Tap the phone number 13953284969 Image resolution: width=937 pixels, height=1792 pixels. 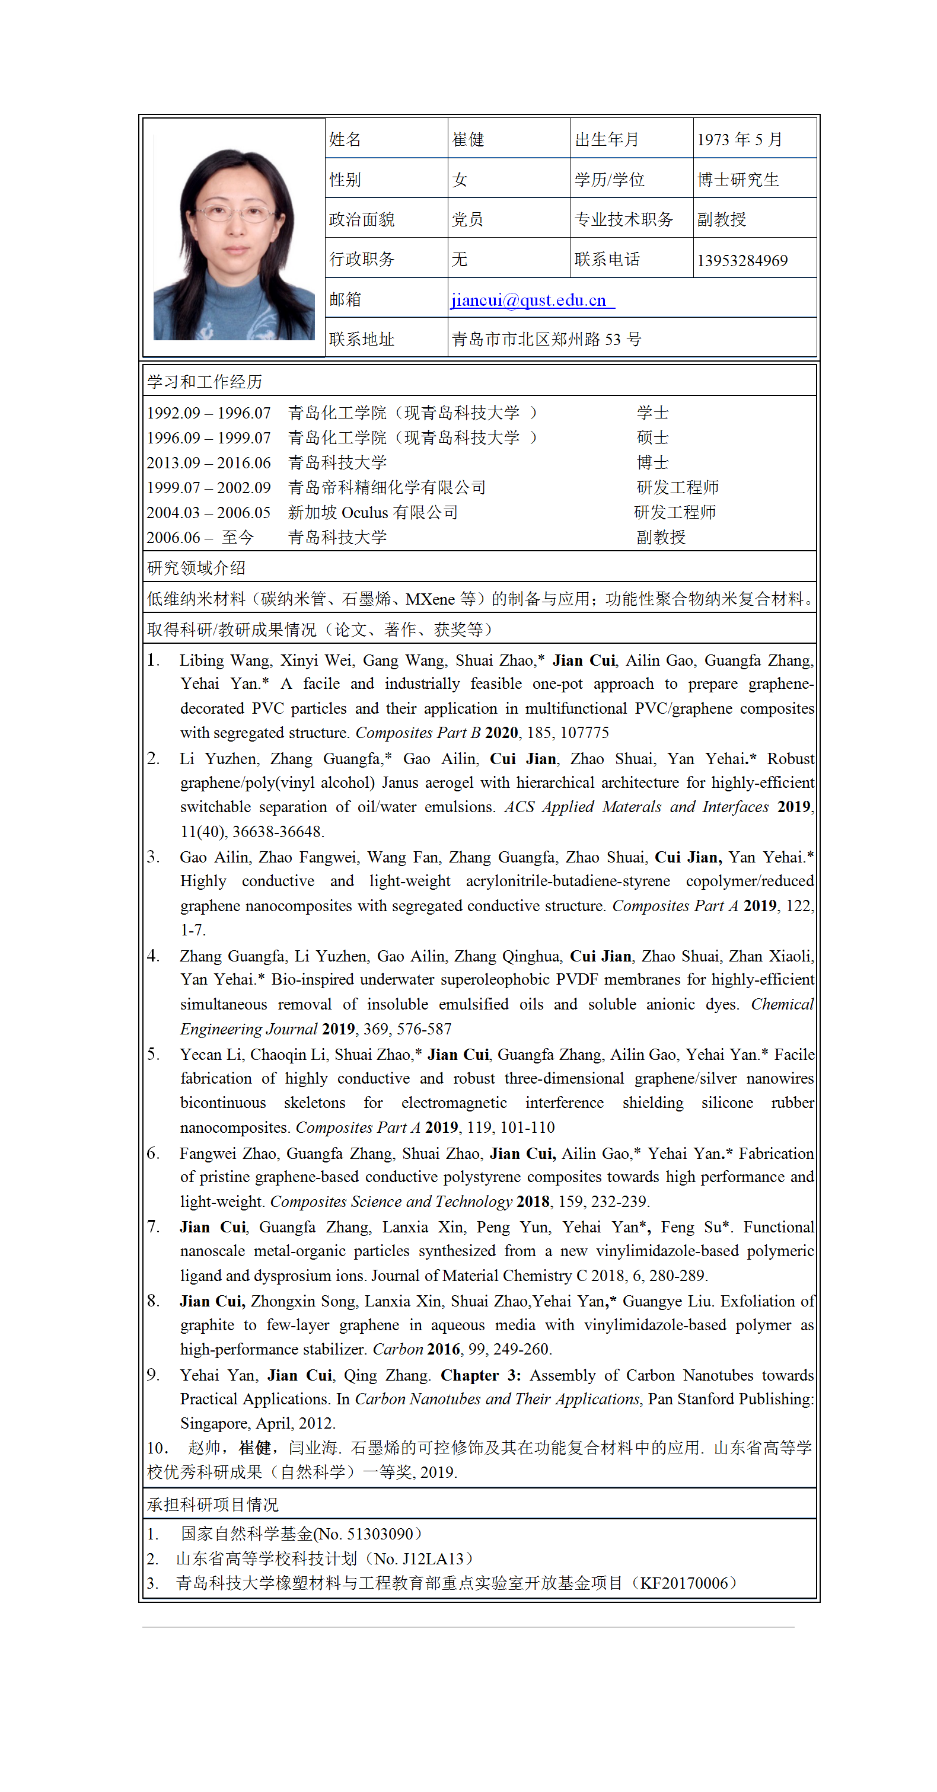click(x=742, y=261)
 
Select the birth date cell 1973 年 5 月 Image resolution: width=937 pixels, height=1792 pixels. click(x=740, y=140)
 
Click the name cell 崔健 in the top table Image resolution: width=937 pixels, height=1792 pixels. click(x=468, y=140)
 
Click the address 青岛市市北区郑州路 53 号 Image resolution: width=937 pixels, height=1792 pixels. click(x=546, y=340)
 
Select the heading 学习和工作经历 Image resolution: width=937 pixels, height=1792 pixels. click(x=205, y=381)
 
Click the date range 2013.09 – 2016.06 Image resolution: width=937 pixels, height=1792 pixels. click(x=208, y=462)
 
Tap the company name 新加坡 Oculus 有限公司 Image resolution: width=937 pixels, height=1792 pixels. click(x=373, y=513)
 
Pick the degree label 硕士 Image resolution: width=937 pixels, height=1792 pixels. click(x=652, y=437)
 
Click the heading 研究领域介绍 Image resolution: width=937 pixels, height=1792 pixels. click(x=196, y=568)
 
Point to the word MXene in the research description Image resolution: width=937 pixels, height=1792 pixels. click(x=429, y=599)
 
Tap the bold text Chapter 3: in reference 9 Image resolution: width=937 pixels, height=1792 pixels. click(x=480, y=1375)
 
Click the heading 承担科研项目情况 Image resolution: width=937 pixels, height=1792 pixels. click(x=212, y=1504)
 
